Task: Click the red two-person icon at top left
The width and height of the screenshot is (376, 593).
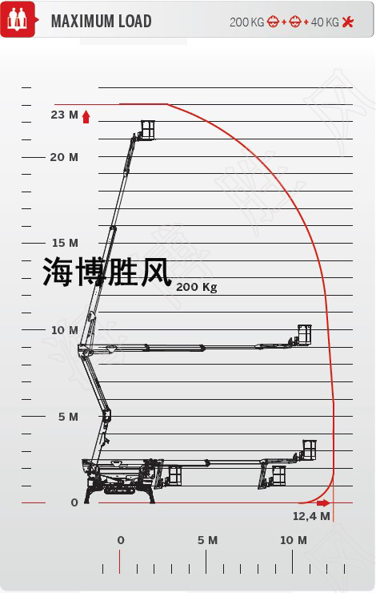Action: [18, 19]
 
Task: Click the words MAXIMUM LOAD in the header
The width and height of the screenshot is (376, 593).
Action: [101, 21]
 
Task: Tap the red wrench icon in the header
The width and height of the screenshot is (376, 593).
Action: [348, 22]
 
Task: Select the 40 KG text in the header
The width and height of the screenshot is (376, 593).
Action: [325, 22]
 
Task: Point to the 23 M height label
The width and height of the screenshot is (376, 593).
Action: [64, 115]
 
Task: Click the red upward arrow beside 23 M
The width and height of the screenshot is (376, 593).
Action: [86, 117]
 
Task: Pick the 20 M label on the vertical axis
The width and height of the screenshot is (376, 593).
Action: [64, 157]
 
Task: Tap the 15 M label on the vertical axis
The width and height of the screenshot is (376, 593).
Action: [65, 243]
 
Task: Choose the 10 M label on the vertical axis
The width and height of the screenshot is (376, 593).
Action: [65, 330]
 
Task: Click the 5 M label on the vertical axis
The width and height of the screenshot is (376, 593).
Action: [68, 417]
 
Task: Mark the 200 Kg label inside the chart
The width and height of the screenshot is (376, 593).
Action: [197, 288]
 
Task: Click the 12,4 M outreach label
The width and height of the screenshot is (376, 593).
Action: [311, 516]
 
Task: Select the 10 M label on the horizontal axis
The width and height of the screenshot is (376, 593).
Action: [294, 540]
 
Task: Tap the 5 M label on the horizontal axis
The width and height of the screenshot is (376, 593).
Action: [208, 540]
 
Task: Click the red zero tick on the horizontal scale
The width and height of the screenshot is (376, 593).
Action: [120, 562]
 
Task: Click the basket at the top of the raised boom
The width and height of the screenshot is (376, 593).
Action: [148, 130]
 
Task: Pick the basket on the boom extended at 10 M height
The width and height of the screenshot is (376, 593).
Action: [304, 335]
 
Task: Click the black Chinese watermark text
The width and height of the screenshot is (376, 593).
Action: [107, 272]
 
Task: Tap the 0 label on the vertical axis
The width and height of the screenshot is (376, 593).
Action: [74, 502]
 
